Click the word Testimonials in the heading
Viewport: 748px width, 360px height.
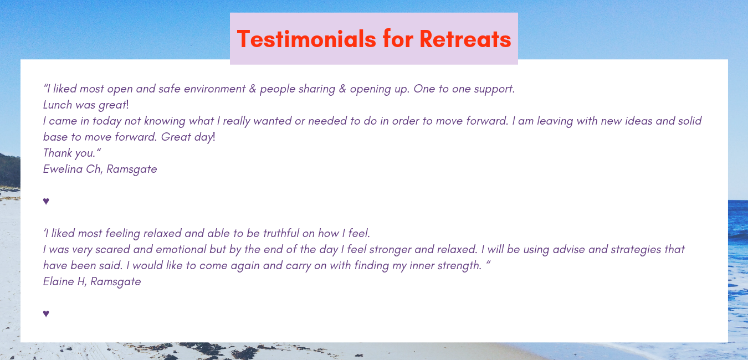(x=306, y=39)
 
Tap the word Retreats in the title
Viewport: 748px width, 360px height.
(x=465, y=39)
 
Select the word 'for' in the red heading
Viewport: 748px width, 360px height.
(x=398, y=39)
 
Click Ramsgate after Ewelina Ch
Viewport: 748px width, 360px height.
(x=131, y=169)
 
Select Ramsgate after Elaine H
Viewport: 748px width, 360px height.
(x=116, y=282)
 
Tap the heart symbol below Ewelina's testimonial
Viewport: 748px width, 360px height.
(x=46, y=201)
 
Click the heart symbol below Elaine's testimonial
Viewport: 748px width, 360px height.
(x=46, y=313)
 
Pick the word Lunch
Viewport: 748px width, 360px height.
(x=58, y=105)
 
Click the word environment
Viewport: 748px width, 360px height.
(x=215, y=89)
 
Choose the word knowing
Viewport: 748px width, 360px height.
(x=165, y=121)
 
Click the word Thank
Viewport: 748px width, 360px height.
(x=58, y=153)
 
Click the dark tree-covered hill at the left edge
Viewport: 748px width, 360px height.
(x=10, y=171)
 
